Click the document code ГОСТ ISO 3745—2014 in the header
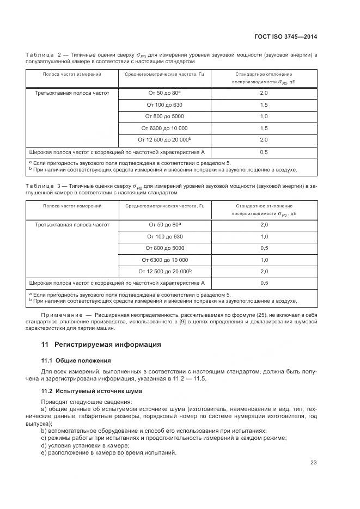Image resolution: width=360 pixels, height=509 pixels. click(285, 36)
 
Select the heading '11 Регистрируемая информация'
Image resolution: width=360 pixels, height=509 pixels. click(101, 345)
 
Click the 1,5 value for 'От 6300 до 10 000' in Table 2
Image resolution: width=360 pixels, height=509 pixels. click(264, 128)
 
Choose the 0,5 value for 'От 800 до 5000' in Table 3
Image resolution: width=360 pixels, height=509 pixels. click(264, 248)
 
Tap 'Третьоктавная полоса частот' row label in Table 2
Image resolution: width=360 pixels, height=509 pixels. click(72, 93)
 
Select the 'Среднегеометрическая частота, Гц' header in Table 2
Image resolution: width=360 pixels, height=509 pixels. click(164, 73)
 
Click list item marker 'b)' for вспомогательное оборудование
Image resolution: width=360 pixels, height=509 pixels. click(44, 431)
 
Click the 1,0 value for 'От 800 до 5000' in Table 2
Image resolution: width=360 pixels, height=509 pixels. click(264, 116)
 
